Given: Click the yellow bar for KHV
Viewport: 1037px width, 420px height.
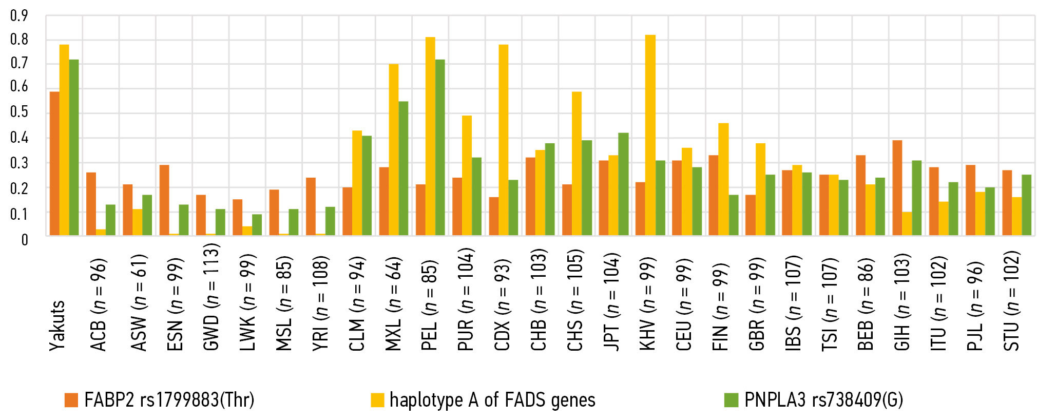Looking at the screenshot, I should pyautogui.click(x=650, y=136).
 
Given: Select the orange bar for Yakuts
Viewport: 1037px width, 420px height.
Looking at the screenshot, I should pyautogui.click(x=54, y=164).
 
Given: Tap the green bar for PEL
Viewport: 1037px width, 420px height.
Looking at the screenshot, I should pyautogui.click(x=440, y=148).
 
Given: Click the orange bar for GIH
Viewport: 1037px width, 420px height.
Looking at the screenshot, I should pyautogui.click(x=897, y=188).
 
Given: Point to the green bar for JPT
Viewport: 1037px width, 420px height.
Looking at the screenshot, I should pyautogui.click(x=623, y=184).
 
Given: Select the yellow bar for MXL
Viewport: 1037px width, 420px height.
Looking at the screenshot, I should pyautogui.click(x=394, y=150).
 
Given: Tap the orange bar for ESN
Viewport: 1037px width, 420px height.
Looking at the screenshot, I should pyautogui.click(x=164, y=200).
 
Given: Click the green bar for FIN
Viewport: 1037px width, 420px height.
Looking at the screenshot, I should pyautogui.click(x=733, y=215).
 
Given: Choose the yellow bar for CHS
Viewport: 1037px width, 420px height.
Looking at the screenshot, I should pyautogui.click(x=577, y=164).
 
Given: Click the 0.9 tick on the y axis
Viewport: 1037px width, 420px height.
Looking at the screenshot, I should pyautogui.click(x=19, y=16).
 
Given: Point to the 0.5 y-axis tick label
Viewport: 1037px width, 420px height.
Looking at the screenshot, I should pyautogui.click(x=19, y=112).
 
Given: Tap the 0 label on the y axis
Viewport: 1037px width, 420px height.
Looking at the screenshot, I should pyautogui.click(x=24, y=240).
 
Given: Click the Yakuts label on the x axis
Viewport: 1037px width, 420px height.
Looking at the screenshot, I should pyautogui.click(x=57, y=326).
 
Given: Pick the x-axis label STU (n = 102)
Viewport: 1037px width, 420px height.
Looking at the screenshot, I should pyautogui.click(x=1011, y=301).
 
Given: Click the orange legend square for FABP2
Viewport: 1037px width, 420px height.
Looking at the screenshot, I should pyautogui.click(x=71, y=400).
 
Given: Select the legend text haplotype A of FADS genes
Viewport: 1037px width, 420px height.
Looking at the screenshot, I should pyautogui.click(x=492, y=400).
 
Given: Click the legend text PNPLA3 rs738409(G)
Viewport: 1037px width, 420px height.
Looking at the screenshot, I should pyautogui.click(x=823, y=400).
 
